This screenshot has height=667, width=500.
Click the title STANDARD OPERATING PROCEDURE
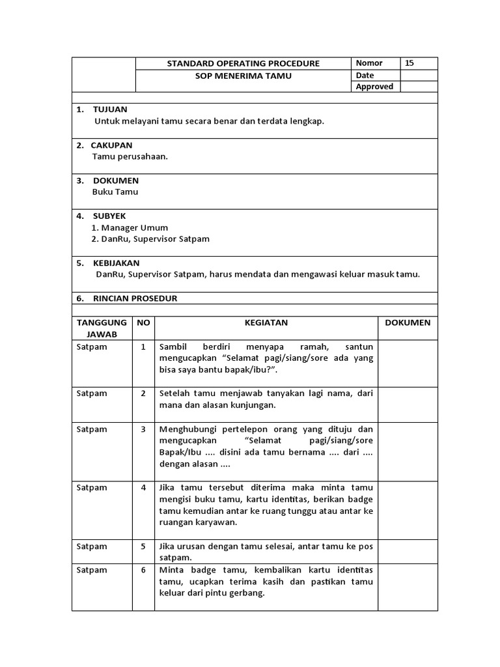243,63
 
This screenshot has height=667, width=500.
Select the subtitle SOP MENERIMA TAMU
243,76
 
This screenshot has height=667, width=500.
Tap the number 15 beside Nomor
409,63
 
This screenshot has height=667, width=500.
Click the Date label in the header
365,76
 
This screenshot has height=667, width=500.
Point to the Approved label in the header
374,87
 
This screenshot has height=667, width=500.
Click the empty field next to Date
419,76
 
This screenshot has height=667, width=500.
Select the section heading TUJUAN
110,109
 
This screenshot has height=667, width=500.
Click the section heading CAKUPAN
113,145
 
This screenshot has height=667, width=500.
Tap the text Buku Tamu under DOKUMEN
115,192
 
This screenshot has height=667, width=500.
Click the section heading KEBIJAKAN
117,263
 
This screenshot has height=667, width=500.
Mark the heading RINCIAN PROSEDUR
135,298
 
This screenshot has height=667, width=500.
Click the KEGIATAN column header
266,322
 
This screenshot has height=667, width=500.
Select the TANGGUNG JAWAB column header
102,328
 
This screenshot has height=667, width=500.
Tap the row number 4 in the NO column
143,487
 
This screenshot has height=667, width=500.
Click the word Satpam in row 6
92,570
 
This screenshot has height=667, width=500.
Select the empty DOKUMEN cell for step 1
408,358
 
